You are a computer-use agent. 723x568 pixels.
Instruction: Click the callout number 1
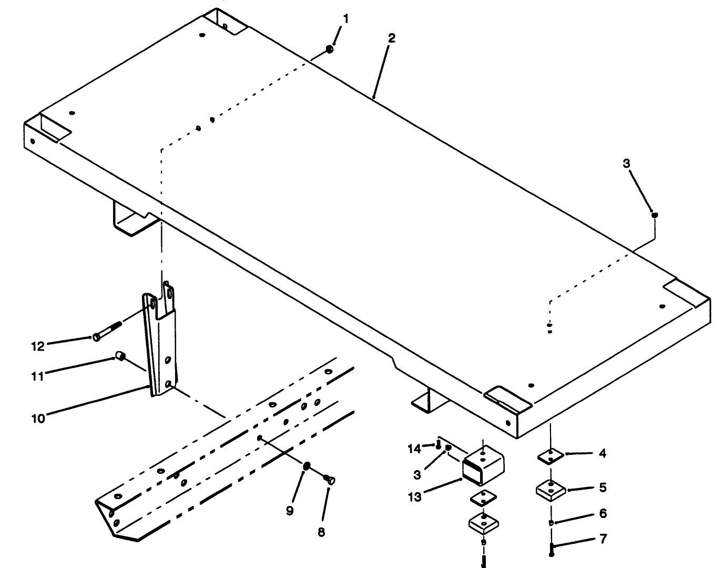click(x=345, y=19)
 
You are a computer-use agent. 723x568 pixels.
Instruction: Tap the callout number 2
click(x=391, y=38)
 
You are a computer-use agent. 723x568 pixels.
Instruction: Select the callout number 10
click(x=38, y=418)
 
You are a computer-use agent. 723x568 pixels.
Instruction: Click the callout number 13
click(x=415, y=496)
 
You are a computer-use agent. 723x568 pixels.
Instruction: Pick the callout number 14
click(x=414, y=449)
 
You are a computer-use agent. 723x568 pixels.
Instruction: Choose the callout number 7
click(x=603, y=539)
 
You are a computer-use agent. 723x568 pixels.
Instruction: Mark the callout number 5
click(x=603, y=487)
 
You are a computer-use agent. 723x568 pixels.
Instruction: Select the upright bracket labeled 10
click(x=160, y=342)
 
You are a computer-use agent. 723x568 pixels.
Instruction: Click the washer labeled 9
click(x=307, y=465)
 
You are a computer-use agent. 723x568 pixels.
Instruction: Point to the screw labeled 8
click(x=330, y=479)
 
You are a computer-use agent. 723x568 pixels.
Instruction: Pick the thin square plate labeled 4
click(x=551, y=456)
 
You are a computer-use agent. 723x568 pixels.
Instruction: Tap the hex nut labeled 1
click(x=329, y=49)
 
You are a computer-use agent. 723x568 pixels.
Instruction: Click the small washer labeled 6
click(x=551, y=523)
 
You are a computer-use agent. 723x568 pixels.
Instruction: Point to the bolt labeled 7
click(x=551, y=550)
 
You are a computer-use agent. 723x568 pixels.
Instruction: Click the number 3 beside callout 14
click(x=417, y=474)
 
